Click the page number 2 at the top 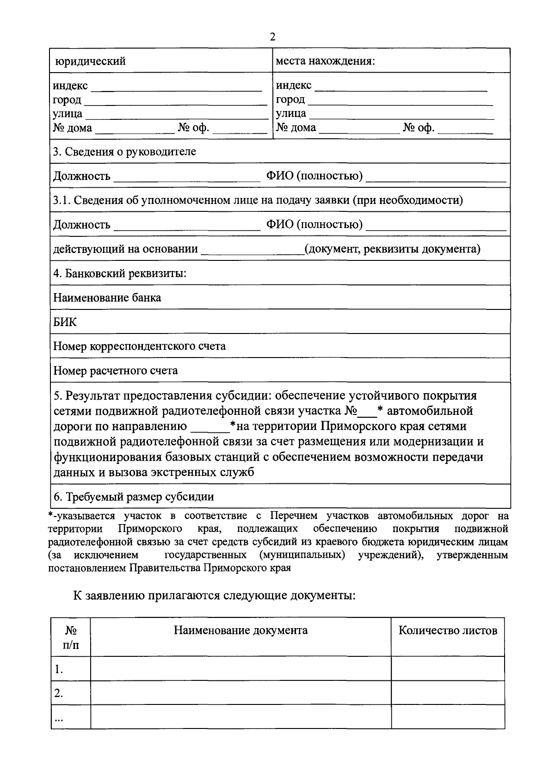[272, 37]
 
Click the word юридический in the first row [90, 61]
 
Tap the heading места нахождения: [325, 61]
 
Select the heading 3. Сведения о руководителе [124, 152]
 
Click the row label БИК [65, 322]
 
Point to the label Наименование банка [107, 297]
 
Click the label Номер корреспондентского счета [140, 346]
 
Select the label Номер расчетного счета [116, 370]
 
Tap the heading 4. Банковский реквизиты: [120, 273]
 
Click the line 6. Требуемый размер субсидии [134, 497]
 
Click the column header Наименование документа [240, 630]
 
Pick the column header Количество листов [448, 630]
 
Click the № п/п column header [71, 637]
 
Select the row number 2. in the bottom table [58, 693]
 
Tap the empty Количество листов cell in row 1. [448, 668]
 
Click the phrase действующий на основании [126, 249]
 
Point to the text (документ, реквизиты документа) [392, 249]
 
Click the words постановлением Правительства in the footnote [123, 568]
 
